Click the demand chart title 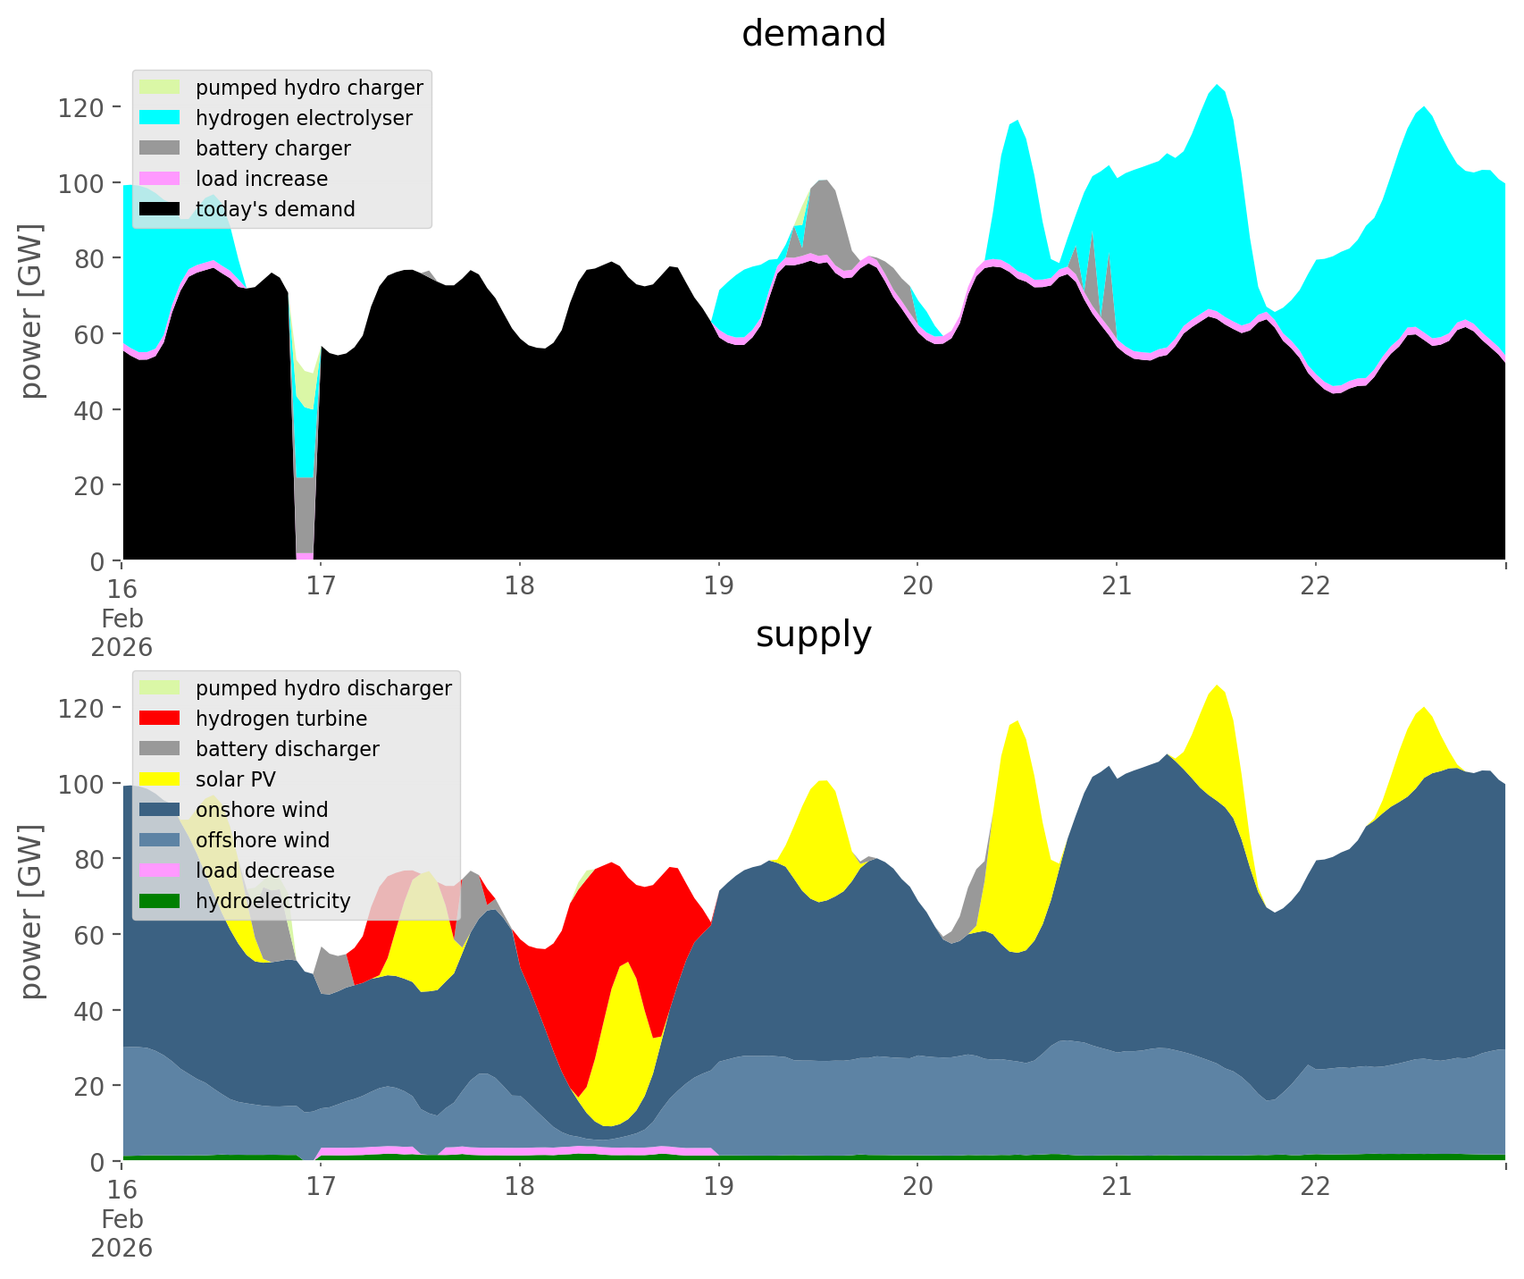point(813,34)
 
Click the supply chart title point(813,635)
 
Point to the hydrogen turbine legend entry point(281,719)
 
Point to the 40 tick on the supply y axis point(88,1011)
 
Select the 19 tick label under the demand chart point(718,586)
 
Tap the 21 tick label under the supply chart point(1117,1187)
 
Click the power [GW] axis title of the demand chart point(30,311)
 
